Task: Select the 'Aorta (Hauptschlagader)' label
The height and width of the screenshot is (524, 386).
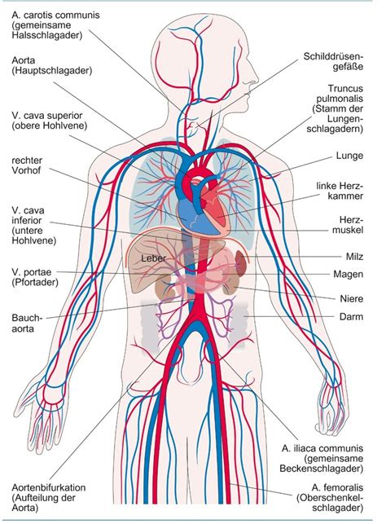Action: coord(52,65)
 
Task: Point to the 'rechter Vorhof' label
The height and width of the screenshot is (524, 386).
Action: coord(27,165)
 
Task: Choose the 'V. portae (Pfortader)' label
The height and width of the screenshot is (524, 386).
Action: coord(35,277)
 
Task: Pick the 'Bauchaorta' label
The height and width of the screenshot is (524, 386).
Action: coord(27,323)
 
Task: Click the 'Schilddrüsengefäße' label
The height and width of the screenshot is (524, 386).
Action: coord(333,61)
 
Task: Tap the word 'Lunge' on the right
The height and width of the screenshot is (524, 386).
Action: coord(349,156)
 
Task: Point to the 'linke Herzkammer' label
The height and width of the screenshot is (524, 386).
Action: coord(340,191)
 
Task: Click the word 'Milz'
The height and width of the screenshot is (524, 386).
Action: coord(354,257)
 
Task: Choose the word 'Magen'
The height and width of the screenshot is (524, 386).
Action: coord(349,275)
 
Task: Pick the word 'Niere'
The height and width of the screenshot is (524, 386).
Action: coord(352,298)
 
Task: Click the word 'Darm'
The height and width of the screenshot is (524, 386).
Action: coord(351,316)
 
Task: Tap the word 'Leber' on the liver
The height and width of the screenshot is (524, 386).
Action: coord(153,258)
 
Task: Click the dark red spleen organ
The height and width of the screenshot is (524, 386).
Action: coord(241,262)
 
